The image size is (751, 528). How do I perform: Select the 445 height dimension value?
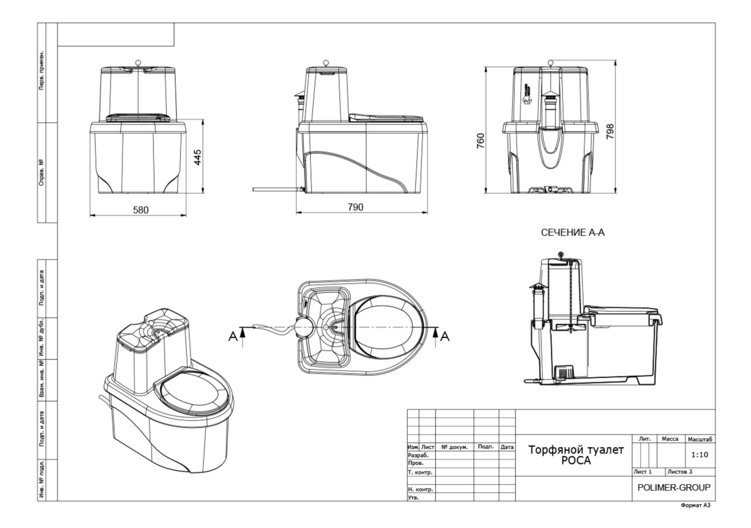tap(198, 157)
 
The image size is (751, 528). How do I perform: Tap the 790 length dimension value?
tap(356, 207)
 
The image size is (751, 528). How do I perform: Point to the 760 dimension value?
tap(480, 142)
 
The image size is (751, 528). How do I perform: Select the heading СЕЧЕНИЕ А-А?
tap(573, 233)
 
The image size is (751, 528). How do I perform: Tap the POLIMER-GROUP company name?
tap(673, 487)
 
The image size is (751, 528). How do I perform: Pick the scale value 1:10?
tap(699, 455)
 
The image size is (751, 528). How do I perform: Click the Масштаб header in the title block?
tap(699, 439)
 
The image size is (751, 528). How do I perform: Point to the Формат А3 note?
tap(696, 505)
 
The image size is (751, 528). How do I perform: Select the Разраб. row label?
tap(418, 455)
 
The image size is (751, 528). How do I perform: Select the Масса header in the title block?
tap(670, 439)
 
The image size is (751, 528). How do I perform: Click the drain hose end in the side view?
tap(254, 190)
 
